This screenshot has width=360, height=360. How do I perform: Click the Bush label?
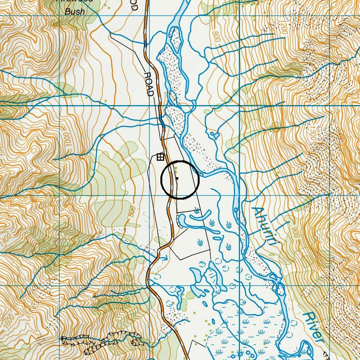75,11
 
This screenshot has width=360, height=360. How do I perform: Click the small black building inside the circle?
177,178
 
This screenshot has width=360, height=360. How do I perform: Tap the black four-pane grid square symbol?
160,157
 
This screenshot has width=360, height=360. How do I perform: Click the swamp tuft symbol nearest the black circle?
197,210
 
